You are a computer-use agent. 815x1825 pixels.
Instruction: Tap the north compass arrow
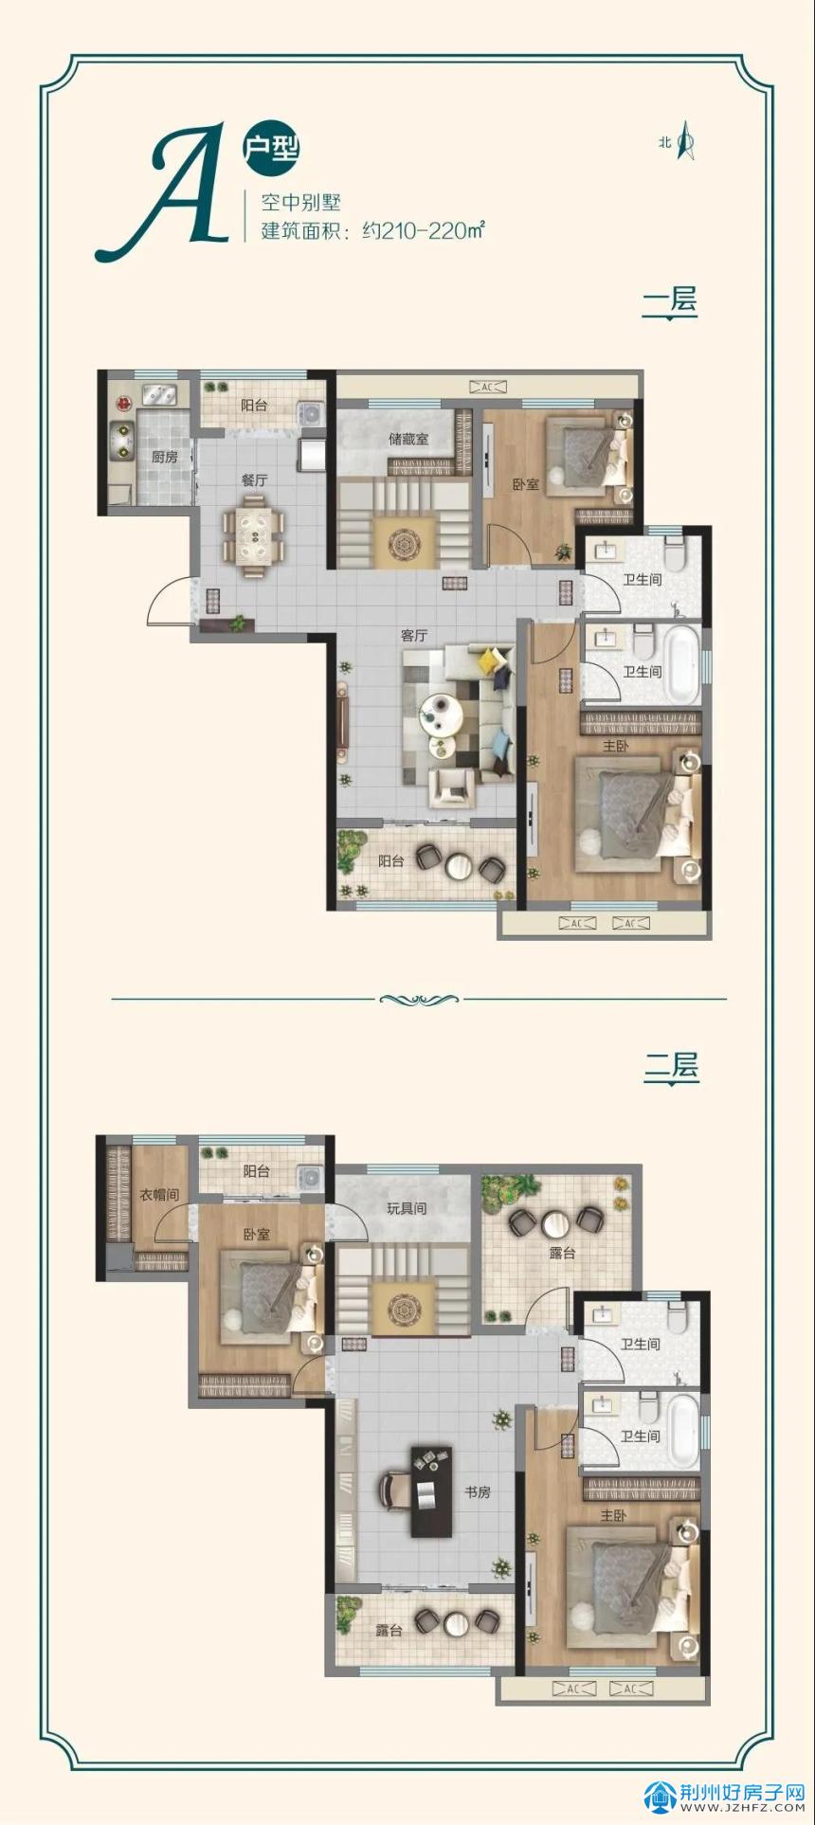(x=686, y=142)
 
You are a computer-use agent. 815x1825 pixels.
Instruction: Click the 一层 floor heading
(x=670, y=301)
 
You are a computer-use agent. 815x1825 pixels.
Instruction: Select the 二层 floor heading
(x=671, y=1067)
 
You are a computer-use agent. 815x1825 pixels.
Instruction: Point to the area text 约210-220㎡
(x=424, y=230)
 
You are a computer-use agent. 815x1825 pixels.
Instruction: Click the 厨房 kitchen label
(x=165, y=457)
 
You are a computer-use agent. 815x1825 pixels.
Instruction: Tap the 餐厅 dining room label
(x=254, y=480)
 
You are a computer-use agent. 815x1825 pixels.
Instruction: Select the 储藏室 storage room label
(x=408, y=440)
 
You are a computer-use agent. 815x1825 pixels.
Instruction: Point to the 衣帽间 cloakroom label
(x=159, y=1195)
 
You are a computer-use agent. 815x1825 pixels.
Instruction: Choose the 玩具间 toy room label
(x=407, y=1208)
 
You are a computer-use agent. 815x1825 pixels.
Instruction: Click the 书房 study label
(x=477, y=1492)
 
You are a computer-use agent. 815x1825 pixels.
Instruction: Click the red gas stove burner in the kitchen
(x=122, y=404)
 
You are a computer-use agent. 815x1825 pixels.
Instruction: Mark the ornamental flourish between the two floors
(x=418, y=999)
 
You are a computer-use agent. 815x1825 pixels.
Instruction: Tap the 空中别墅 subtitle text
(x=300, y=202)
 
